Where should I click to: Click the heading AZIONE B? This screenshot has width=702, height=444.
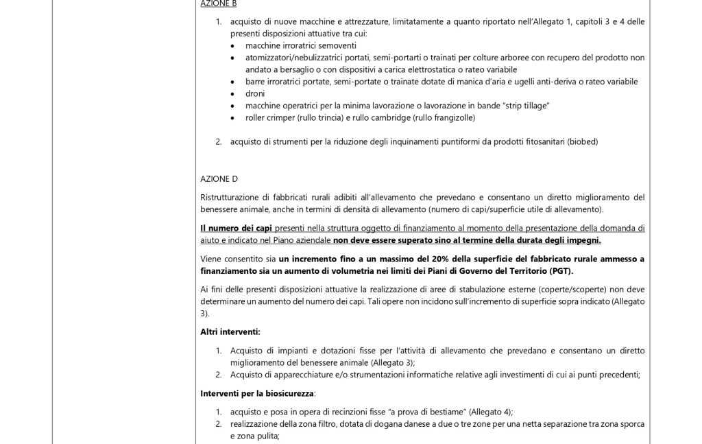click(218, 4)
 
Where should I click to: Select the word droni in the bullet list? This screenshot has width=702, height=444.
click(255, 93)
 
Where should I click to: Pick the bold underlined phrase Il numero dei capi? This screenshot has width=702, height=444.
click(237, 228)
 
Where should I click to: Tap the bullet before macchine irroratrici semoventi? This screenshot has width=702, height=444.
click(234, 46)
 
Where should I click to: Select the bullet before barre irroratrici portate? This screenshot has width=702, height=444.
click(234, 82)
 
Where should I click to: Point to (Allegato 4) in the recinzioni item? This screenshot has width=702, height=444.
click(489, 411)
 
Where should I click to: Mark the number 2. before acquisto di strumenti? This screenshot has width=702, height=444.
click(219, 141)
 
